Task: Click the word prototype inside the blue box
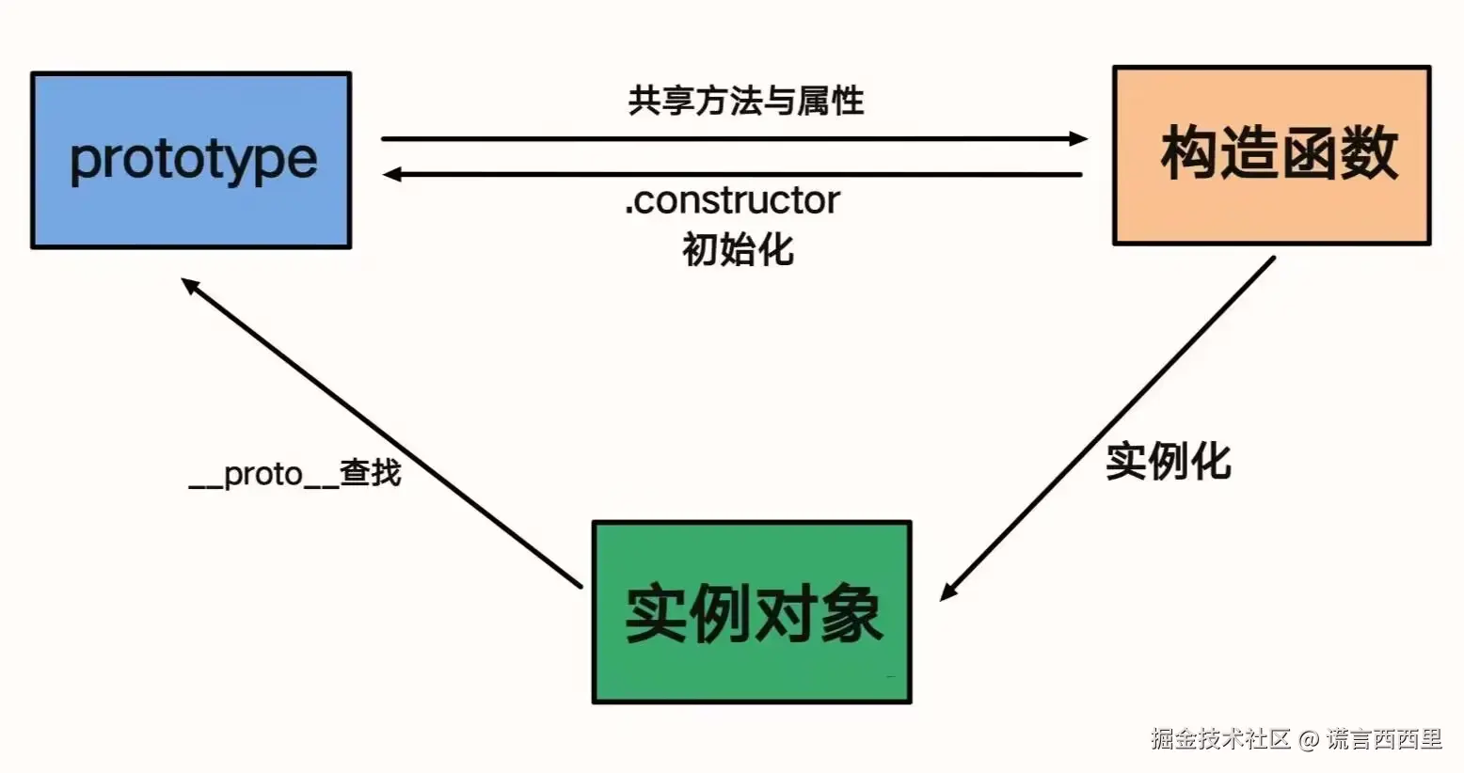pyautogui.click(x=194, y=160)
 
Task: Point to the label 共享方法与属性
pyautogui.click(x=745, y=101)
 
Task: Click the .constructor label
pyautogui.click(x=732, y=200)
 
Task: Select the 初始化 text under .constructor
pyautogui.click(x=738, y=250)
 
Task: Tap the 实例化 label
pyautogui.click(x=1168, y=461)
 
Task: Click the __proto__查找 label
pyautogui.click(x=294, y=473)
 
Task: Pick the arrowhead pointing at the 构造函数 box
pyautogui.click(x=1078, y=139)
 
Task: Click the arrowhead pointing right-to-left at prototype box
pyautogui.click(x=392, y=174)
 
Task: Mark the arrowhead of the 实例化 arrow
pyautogui.click(x=948, y=592)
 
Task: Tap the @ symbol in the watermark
pyautogui.click(x=1308, y=740)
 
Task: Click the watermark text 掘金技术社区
pyautogui.click(x=1220, y=739)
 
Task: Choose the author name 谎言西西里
pyautogui.click(x=1384, y=739)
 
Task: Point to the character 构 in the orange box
pyautogui.click(x=1190, y=153)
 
